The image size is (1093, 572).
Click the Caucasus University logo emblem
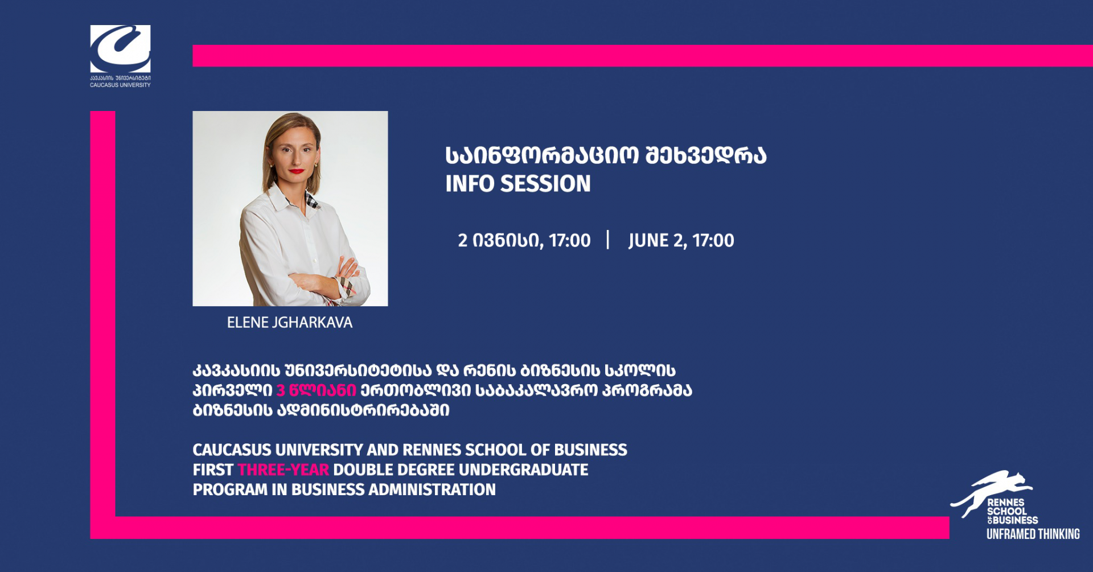(120, 48)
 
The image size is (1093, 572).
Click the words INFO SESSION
(518, 184)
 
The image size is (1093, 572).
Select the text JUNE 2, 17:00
(681, 241)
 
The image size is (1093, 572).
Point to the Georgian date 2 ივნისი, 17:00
(524, 241)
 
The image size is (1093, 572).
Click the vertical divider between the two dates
(608, 240)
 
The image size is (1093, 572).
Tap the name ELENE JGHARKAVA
(290, 323)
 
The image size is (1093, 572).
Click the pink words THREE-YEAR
(283, 470)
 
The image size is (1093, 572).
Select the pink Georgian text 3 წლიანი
(316, 390)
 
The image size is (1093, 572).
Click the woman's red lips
(296, 171)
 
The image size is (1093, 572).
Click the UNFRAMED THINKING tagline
(1033, 534)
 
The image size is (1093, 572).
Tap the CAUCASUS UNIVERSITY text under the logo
(120, 85)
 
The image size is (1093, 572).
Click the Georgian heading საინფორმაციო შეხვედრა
(606, 156)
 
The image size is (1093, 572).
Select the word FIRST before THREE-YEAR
(213, 470)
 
